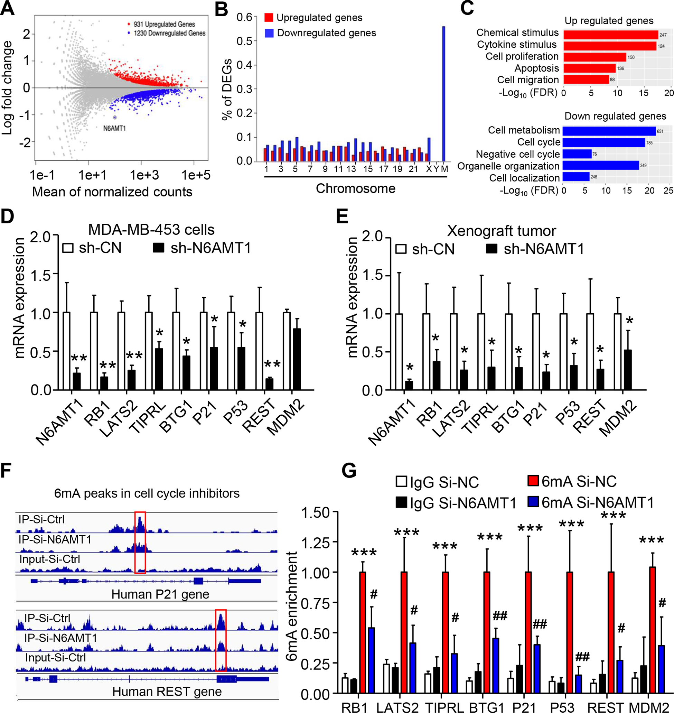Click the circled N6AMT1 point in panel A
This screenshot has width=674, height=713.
tap(115, 118)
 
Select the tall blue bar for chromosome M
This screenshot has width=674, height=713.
tap(444, 93)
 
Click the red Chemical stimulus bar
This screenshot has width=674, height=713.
tap(610, 35)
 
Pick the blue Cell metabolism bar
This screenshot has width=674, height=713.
tap(609, 131)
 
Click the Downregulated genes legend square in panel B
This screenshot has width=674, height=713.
tap(269, 33)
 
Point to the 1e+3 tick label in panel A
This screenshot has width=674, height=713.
tap(144, 175)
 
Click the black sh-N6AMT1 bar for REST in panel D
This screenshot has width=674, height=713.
tap(269, 384)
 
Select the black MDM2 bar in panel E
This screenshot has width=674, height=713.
tap(627, 370)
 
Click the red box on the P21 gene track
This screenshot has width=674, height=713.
tap(140, 543)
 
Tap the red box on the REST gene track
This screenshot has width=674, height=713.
tap(221, 640)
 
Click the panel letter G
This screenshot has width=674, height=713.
tap(349, 471)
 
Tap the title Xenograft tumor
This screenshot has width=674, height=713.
tap(501, 231)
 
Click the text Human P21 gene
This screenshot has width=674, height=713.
tap(160, 594)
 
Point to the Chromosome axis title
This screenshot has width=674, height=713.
tap(355, 188)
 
